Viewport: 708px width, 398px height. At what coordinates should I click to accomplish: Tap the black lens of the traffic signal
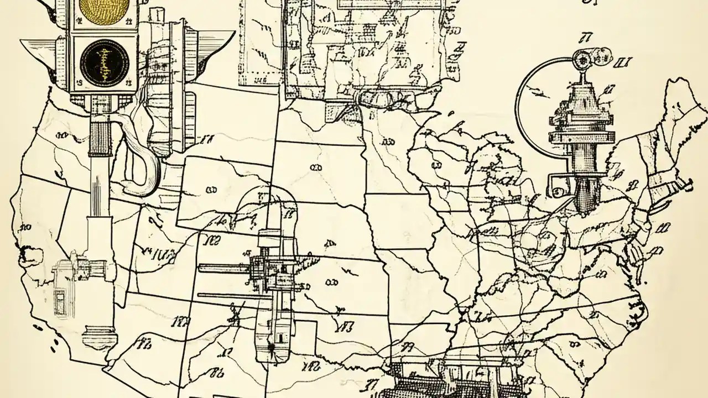(104, 61)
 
